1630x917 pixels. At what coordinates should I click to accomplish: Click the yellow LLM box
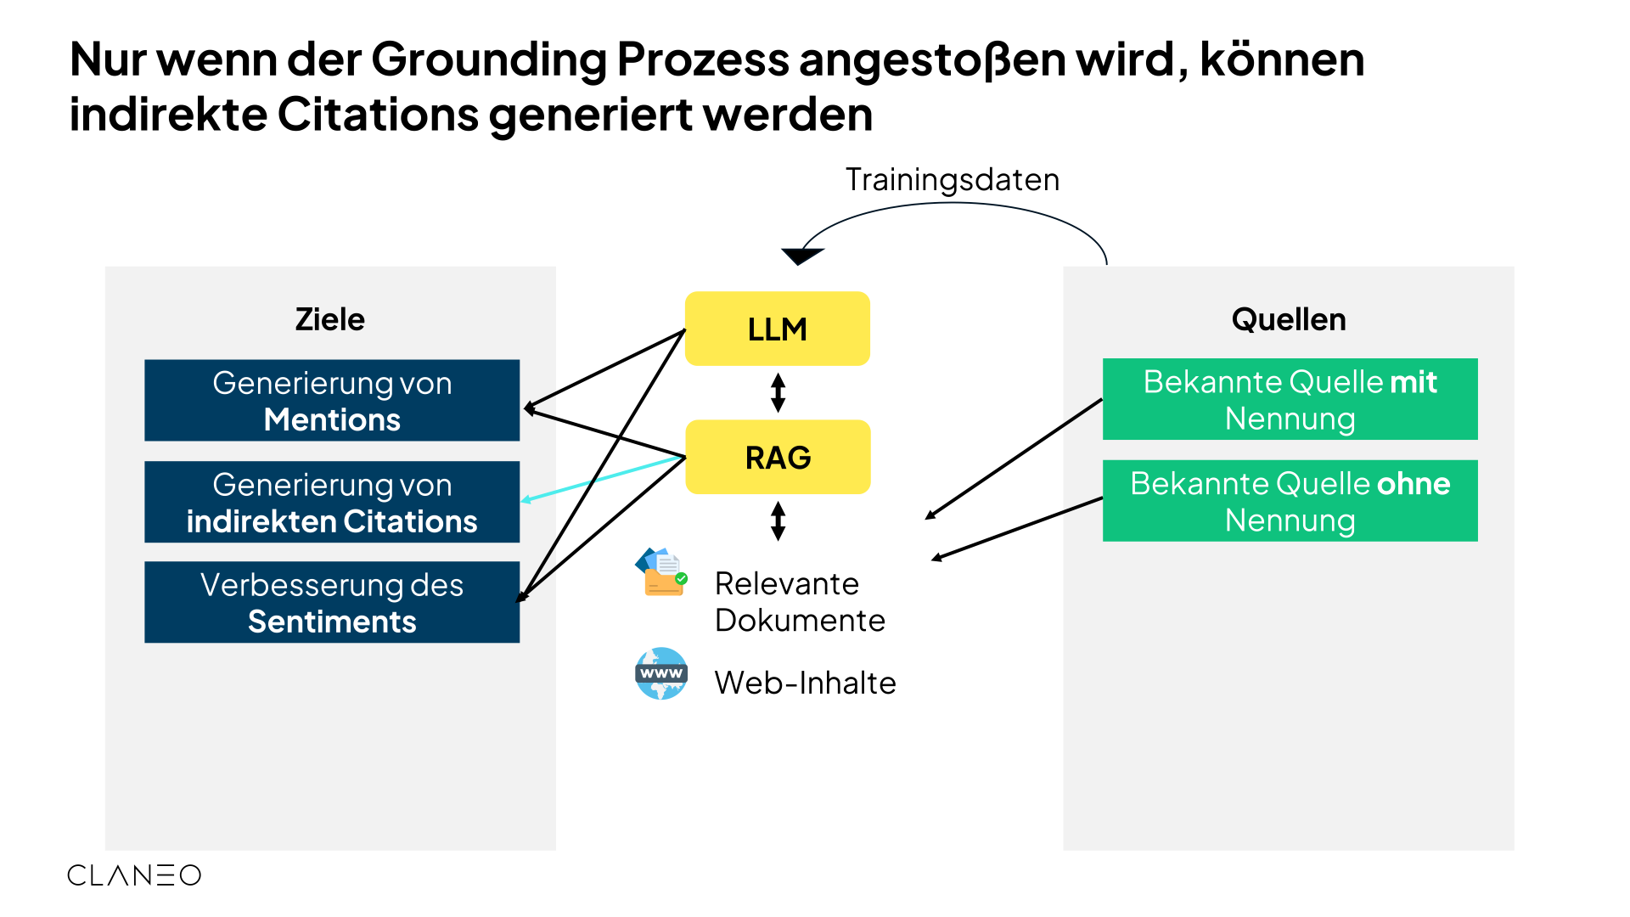tap(777, 329)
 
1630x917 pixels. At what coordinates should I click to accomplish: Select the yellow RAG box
tap(778, 457)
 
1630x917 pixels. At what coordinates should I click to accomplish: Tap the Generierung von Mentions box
tap(332, 400)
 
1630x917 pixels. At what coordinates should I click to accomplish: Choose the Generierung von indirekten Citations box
tap(332, 502)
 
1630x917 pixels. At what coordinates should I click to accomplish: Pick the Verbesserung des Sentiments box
tap(332, 602)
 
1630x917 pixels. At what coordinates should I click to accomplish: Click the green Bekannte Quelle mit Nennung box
tap(1290, 399)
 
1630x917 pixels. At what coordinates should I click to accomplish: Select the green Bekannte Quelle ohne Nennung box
tap(1290, 501)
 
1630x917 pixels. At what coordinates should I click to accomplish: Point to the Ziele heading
tap(329, 319)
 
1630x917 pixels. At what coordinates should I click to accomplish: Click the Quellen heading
tap(1288, 319)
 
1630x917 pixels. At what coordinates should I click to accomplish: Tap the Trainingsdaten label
tap(952, 180)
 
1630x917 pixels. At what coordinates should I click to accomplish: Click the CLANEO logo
tap(134, 875)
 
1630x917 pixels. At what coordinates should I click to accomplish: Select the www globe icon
tap(661, 673)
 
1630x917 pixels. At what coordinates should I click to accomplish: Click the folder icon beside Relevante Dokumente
tap(661, 572)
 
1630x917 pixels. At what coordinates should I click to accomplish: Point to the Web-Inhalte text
tap(805, 683)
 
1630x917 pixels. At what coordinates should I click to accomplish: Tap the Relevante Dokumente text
tap(799, 602)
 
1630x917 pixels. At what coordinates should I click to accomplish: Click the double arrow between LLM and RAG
tap(778, 393)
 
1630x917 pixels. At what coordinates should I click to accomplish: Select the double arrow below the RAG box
tap(778, 521)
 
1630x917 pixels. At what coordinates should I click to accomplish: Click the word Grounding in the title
tap(488, 59)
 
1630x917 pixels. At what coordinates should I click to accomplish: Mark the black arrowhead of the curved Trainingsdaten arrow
tap(801, 255)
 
